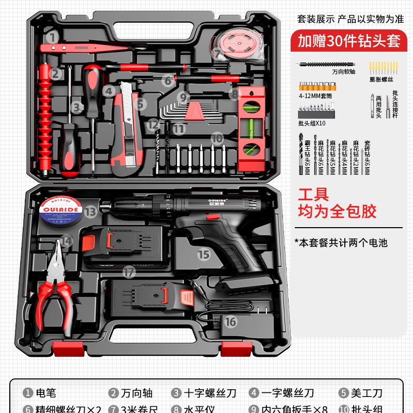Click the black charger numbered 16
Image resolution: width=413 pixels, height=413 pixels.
235,323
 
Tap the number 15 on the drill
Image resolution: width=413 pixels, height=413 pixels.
204,254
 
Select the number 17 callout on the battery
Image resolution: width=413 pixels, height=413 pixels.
129,271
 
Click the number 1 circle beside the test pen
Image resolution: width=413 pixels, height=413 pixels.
52,37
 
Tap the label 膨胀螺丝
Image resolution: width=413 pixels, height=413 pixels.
381,80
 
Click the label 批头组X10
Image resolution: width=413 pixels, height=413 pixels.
312,123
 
